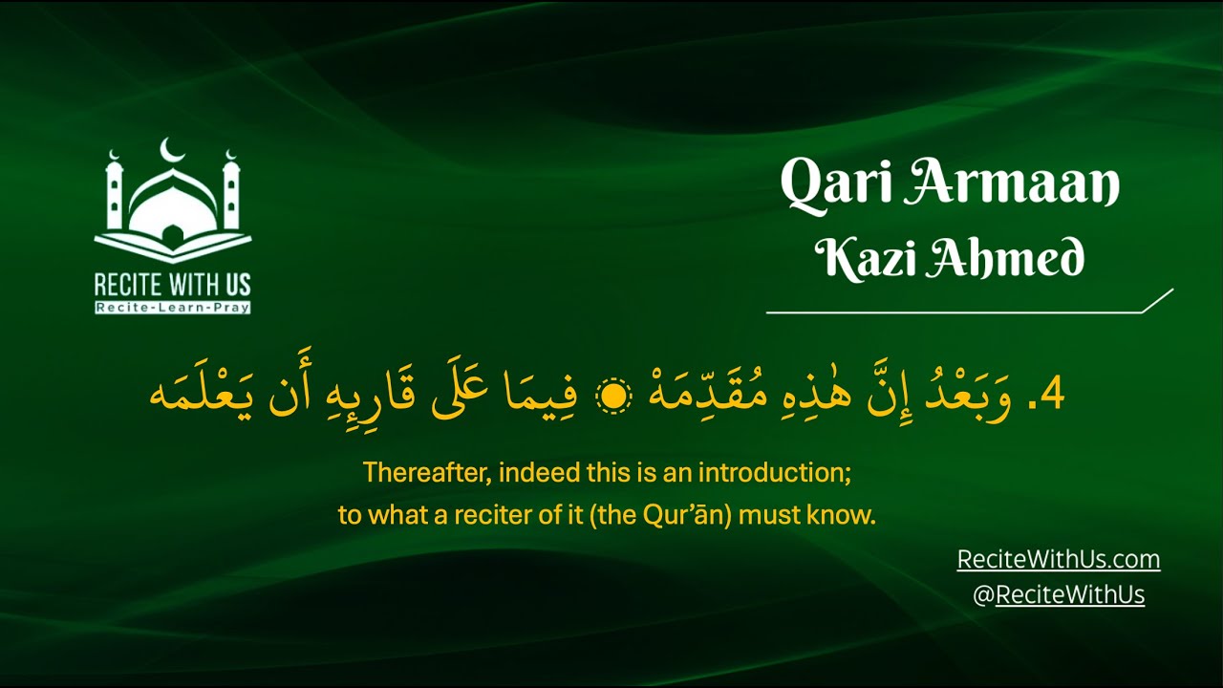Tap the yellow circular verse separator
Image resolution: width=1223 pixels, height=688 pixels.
pos(614,396)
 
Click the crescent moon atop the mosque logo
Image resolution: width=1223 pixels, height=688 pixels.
pos(172,149)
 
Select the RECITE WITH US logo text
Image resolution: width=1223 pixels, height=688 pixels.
pos(172,284)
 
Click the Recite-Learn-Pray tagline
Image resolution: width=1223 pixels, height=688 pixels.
pos(172,307)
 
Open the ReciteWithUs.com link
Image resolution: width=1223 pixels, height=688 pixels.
pos(1059,560)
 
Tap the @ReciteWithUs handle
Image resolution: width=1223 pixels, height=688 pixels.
pos(1059,594)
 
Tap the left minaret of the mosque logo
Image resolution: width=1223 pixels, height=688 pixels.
pos(115,191)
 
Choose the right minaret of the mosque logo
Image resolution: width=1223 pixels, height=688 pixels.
pos(230,191)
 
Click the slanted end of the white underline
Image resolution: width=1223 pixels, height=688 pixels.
pos(1158,300)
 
